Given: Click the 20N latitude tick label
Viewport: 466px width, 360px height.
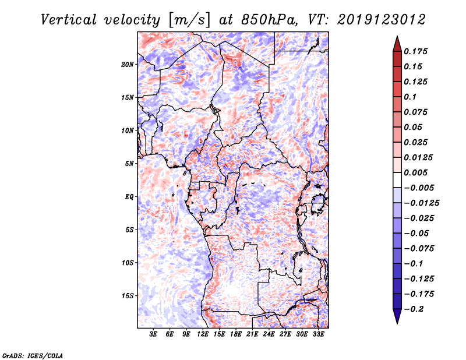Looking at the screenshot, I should pyautogui.click(x=128, y=64).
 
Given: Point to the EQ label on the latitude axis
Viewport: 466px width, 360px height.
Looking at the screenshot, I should pyautogui.click(x=129, y=197).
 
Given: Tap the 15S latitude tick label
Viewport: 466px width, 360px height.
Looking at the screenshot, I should pyautogui.click(x=128, y=296).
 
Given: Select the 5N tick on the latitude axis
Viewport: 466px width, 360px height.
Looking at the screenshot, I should pyautogui.click(x=129, y=164).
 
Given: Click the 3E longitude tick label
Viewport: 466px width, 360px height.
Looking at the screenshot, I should pyautogui.click(x=154, y=335).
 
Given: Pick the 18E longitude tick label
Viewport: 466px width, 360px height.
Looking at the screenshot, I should pyautogui.click(x=236, y=335).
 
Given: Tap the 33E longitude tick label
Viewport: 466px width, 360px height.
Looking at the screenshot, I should pyautogui.click(x=319, y=335).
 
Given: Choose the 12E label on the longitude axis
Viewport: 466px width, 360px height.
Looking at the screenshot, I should pyautogui.click(x=203, y=335).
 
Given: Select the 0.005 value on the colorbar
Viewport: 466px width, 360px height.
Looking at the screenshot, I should pyautogui.click(x=417, y=172).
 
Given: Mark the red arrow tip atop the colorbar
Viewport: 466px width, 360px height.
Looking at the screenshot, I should pyautogui.click(x=397, y=40).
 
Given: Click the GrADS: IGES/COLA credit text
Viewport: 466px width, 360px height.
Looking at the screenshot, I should pyautogui.click(x=33, y=355).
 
